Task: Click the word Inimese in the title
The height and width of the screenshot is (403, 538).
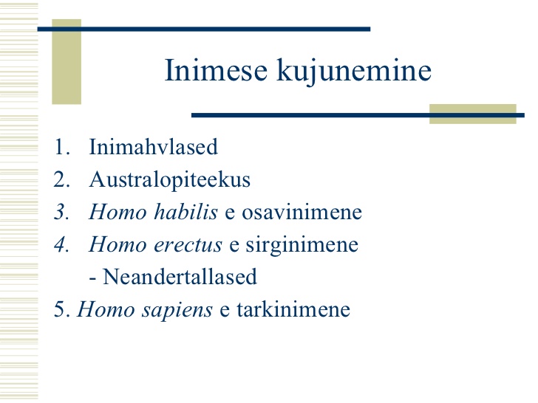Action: click(216, 70)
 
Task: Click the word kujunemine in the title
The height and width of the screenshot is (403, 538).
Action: click(354, 72)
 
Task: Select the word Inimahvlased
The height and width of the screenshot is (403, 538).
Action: click(154, 147)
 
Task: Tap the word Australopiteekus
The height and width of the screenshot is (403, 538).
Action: click(169, 181)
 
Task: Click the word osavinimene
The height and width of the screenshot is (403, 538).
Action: click(302, 212)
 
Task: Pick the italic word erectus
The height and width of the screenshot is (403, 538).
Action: click(188, 245)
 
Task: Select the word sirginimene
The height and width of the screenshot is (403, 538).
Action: click(302, 246)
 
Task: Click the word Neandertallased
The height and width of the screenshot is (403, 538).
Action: click(180, 277)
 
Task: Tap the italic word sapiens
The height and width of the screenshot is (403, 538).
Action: click(177, 311)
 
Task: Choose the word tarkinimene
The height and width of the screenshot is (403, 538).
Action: click(293, 309)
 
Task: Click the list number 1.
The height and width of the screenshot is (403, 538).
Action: click(62, 148)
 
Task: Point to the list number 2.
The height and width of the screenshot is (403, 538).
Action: click(62, 179)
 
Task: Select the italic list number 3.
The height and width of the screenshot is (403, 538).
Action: click(62, 212)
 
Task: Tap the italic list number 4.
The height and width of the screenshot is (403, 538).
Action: click(62, 244)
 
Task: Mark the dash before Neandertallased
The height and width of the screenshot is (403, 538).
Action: click(92, 279)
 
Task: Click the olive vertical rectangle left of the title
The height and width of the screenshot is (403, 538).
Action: click(67, 62)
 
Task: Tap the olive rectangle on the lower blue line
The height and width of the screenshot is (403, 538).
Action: click(473, 114)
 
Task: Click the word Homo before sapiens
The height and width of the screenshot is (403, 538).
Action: click(106, 309)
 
